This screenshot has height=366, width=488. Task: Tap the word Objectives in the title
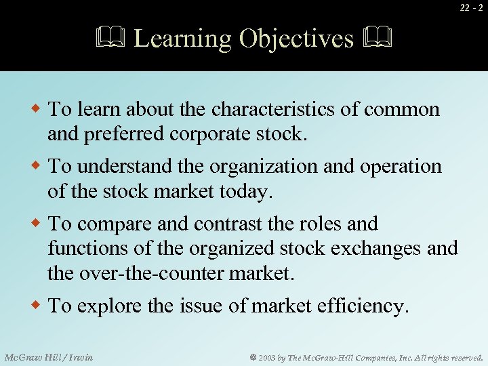click(297, 38)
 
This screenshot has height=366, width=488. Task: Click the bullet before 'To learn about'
click(39, 108)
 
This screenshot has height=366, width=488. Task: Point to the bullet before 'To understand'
click(39, 165)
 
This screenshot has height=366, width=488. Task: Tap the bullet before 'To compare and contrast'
click(39, 223)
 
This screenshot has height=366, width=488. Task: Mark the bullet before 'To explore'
click(39, 305)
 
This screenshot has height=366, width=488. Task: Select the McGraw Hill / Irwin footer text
click(49, 357)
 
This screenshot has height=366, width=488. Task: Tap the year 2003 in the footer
click(266, 357)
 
